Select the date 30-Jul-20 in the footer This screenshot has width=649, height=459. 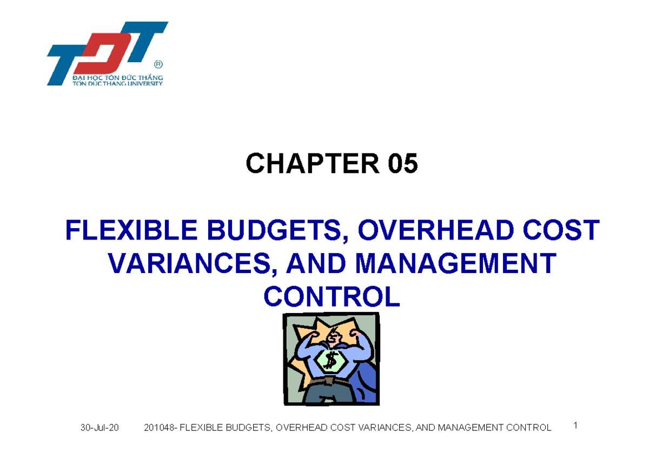tap(100, 428)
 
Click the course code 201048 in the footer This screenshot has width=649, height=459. tap(159, 428)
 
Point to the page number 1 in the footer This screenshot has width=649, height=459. tap(576, 425)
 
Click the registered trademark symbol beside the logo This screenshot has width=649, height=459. tap(158, 64)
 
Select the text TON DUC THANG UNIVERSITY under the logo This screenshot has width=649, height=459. tap(117, 83)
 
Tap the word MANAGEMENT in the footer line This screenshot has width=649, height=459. tap(473, 428)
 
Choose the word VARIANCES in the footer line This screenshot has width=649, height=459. tap(383, 428)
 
